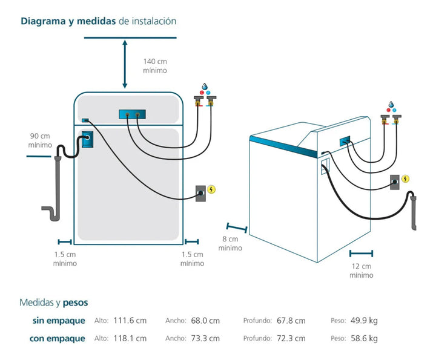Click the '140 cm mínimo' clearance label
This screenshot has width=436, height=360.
(x=155, y=66)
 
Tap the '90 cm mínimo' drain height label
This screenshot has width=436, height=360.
(x=41, y=140)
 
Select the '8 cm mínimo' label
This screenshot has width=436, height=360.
(x=230, y=243)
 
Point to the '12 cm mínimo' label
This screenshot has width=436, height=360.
(x=361, y=270)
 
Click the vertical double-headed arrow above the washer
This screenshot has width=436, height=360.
(x=125, y=64)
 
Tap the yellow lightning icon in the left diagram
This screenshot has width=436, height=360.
(x=211, y=189)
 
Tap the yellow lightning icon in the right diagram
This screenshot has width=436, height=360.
(x=405, y=178)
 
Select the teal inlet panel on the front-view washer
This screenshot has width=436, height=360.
(x=133, y=114)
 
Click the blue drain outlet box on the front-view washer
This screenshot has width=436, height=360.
(x=88, y=138)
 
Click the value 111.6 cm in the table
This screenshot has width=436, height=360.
(x=130, y=321)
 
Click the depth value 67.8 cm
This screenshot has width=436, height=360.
(x=291, y=321)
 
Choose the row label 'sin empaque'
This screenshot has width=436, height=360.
(x=59, y=321)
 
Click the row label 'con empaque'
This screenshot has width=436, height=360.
(x=58, y=338)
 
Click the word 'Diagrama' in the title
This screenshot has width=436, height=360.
(x=44, y=21)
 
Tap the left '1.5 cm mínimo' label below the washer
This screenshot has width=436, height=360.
(x=65, y=258)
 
